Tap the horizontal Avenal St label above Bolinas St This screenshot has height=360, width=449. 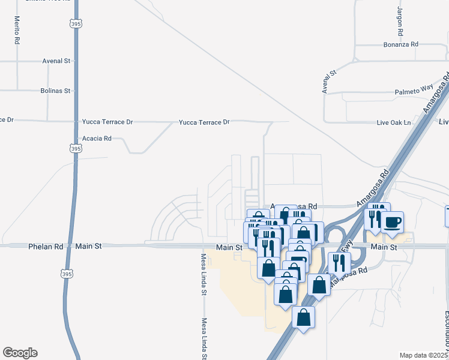(x=56, y=61)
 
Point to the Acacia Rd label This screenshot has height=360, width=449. (x=97, y=138)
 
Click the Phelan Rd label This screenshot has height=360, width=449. (x=46, y=247)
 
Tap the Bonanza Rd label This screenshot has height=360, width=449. (x=401, y=45)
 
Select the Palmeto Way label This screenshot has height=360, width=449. (x=414, y=92)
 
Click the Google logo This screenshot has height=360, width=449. (x=20, y=353)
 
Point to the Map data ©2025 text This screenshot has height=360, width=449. (x=424, y=355)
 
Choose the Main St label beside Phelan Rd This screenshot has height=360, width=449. (x=89, y=247)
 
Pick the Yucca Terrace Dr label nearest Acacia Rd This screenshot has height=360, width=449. (x=107, y=122)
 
